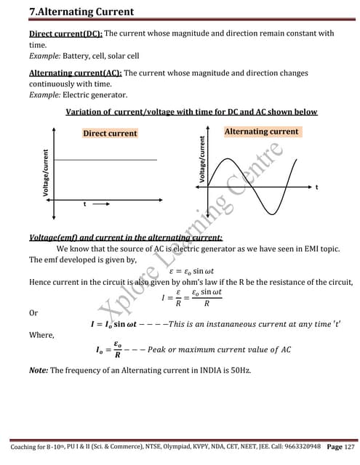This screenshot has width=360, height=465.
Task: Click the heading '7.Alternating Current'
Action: (72, 12)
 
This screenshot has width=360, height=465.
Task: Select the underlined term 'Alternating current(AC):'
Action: (76, 73)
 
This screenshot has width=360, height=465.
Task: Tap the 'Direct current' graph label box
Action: (110, 133)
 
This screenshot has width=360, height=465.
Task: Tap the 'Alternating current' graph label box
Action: (261, 132)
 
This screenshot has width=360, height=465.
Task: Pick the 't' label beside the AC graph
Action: (316, 188)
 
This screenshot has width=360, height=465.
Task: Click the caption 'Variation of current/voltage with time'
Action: (191, 112)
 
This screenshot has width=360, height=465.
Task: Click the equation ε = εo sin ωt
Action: (194, 270)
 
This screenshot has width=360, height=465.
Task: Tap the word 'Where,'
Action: (40, 336)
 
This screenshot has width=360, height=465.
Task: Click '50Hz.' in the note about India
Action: (239, 371)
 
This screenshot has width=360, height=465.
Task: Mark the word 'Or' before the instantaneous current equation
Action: (33, 312)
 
